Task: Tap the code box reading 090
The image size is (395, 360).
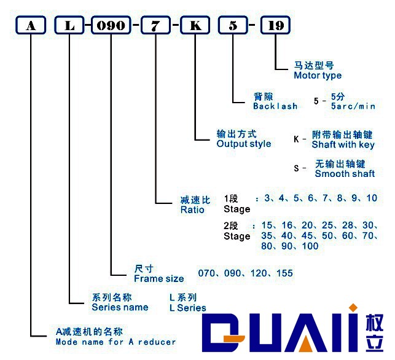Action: pyautogui.click(x=111, y=26)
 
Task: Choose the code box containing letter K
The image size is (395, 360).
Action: pyautogui.click(x=195, y=26)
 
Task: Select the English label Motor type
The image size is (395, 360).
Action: pyautogui.click(x=318, y=76)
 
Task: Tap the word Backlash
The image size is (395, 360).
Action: pyautogui.click(x=275, y=106)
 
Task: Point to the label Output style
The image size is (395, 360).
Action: pyautogui.click(x=244, y=144)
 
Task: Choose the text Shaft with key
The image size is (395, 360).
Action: pyautogui.click(x=343, y=145)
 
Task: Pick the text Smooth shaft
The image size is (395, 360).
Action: pyautogui.click(x=345, y=174)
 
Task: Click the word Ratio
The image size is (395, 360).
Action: pyautogui.click(x=192, y=209)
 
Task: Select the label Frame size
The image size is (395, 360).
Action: pyautogui.click(x=158, y=278)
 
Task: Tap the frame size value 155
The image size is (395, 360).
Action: pyautogui.click(x=284, y=273)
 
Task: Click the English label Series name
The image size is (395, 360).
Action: pyautogui.click(x=120, y=307)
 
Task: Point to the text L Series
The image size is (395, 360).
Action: pyautogui.click(x=188, y=308)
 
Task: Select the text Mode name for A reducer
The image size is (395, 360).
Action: pyautogui.click(x=115, y=342)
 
